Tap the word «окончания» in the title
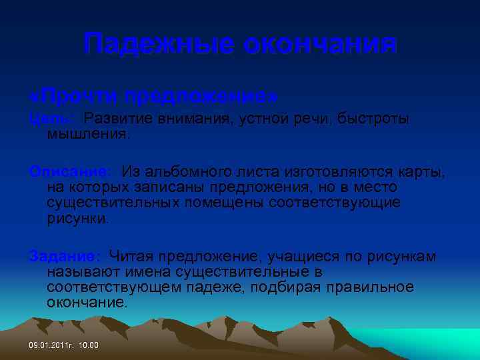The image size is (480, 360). pos(319,45)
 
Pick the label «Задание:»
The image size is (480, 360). pos(65,256)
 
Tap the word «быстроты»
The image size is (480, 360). pos(373,119)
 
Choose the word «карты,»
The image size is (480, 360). pos(424,172)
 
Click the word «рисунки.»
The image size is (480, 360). pos(78,218)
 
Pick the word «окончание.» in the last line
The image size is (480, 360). pos(87,303)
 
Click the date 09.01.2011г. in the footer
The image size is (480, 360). pos(51,345)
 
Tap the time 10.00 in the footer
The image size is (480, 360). pos(88,345)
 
